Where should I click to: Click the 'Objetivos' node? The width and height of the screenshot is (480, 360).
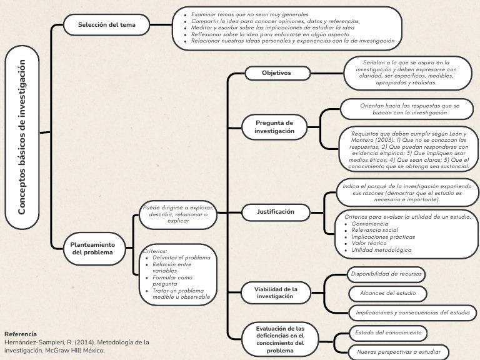276,73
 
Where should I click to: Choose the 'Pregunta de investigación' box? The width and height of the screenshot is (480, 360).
274,127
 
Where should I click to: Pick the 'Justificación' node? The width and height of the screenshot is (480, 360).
276,212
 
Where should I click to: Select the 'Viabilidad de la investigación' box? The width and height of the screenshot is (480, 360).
276,292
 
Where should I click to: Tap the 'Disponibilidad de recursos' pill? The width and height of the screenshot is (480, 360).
387,274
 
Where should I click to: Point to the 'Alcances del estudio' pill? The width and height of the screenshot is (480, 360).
387,293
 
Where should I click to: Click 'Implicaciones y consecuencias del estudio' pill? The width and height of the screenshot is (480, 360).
412,312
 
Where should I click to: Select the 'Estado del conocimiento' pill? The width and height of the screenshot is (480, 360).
388,332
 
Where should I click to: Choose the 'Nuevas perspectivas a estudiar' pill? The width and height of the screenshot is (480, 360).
398,352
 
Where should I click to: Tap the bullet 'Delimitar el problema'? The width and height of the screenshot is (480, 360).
182,257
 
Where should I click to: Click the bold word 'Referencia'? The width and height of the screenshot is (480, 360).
21,334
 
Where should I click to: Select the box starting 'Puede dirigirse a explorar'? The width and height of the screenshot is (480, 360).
178,214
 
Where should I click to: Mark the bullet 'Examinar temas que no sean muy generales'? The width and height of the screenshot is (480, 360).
250,14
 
